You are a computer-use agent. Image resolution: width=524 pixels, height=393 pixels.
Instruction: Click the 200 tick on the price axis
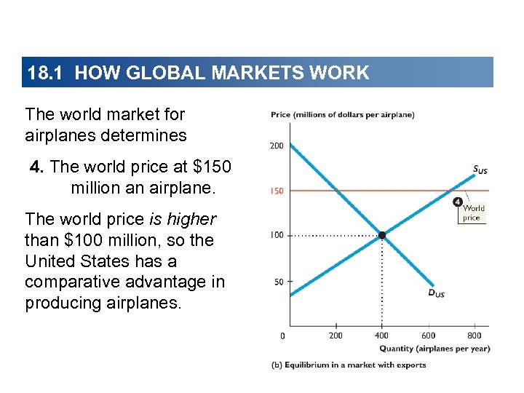click(277, 146)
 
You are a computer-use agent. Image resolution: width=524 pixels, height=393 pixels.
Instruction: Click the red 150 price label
click(277, 191)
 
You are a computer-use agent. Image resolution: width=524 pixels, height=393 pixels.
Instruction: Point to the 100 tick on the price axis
click(277, 236)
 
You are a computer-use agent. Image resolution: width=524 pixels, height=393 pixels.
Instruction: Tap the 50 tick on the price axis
click(278, 282)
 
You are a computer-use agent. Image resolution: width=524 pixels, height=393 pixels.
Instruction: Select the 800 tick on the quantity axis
click(474, 336)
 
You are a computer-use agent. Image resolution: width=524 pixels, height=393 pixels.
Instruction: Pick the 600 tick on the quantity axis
click(428, 336)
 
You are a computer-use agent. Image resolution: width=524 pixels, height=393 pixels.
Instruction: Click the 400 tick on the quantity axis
click(382, 336)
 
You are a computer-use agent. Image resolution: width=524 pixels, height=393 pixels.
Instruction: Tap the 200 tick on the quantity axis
click(336, 336)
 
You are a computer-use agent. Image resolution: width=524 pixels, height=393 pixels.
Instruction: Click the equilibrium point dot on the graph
click(382, 235)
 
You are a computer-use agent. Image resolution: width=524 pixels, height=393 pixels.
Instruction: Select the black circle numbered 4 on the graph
click(458, 202)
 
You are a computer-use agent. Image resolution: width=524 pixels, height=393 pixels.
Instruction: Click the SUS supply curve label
click(480, 170)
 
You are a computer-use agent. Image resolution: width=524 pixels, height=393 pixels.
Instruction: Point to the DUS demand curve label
click(435, 293)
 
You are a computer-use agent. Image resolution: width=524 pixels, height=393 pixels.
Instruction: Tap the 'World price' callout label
click(472, 213)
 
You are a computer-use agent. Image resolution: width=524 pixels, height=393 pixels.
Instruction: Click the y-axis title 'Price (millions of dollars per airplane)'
click(342, 114)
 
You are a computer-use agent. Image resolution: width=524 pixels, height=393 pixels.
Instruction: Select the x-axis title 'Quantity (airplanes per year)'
click(434, 349)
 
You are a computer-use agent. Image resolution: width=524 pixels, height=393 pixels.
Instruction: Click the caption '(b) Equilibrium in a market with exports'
click(348, 365)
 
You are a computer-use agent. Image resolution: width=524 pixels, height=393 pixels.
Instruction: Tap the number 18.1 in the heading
click(47, 73)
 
